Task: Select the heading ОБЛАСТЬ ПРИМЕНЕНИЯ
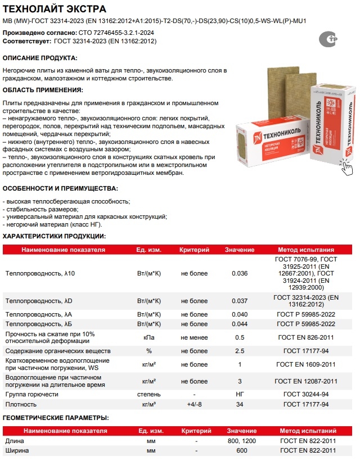tap(43, 90)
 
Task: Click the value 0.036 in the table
tap(240, 273)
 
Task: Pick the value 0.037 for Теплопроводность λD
tap(240, 301)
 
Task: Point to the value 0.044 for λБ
tap(240, 324)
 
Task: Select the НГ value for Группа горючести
tap(240, 394)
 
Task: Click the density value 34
tap(240, 404)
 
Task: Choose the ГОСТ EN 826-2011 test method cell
tap(307, 337)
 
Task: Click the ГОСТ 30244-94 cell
tap(307, 394)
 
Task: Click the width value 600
tap(240, 451)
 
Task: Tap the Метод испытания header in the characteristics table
tap(307, 250)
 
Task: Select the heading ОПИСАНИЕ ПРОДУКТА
tap(40, 58)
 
